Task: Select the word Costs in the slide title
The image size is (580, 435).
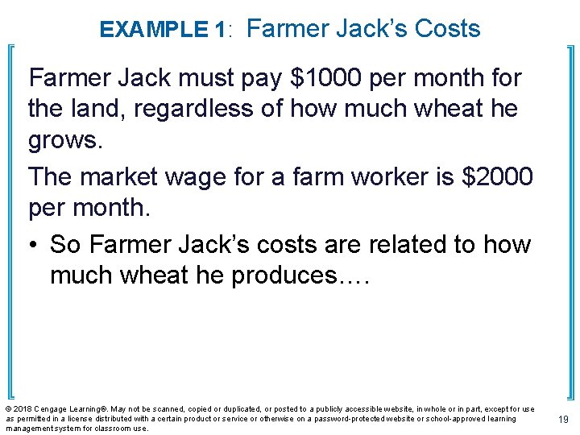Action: tap(447, 28)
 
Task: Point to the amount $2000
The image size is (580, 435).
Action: tap(495, 176)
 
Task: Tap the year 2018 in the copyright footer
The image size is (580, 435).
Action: tap(23, 410)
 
